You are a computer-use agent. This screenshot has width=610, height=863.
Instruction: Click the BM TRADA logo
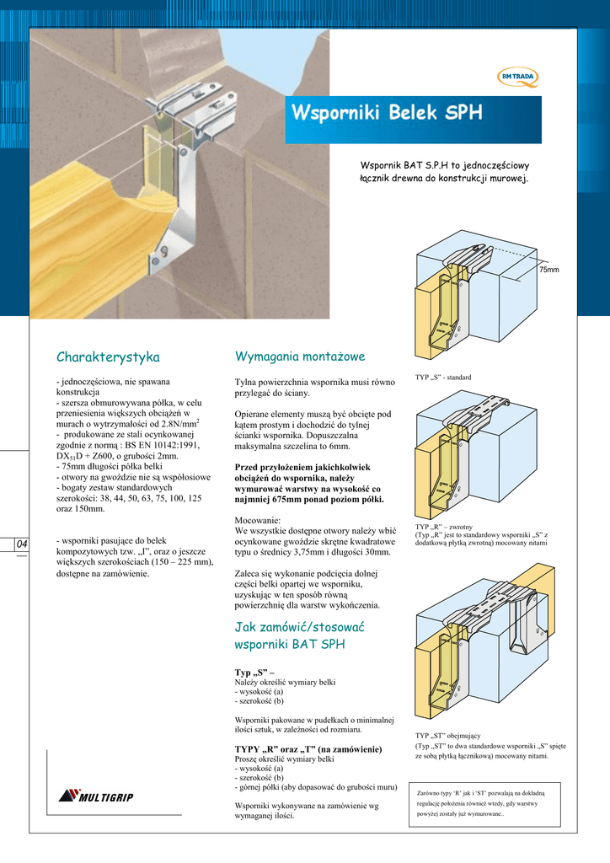pos(518,78)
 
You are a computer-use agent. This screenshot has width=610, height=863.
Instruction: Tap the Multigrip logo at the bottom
pos(96,797)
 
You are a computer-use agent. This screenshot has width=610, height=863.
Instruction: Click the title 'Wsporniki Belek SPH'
pos(388,114)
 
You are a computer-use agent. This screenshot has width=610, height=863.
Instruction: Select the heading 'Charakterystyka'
pos(108,357)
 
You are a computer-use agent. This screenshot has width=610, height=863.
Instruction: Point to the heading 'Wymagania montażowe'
pos(300,357)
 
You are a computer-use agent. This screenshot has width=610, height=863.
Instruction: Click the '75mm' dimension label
pos(548,269)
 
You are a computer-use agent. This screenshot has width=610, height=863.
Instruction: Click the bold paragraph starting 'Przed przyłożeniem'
pos(308,481)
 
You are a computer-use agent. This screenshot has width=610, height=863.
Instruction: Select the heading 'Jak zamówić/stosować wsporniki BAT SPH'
pos(301,635)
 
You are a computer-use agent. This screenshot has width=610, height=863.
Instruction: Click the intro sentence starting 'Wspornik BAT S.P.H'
pos(444,173)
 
